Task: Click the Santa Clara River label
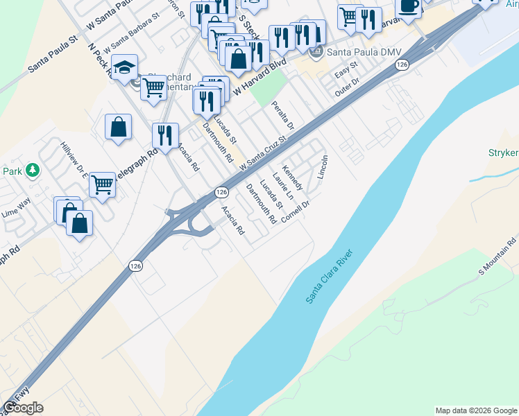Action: [330, 276]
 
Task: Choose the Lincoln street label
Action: [322, 166]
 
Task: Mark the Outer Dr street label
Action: [346, 87]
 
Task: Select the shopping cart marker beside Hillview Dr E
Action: [102, 184]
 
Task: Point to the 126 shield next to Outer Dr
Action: [402, 64]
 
